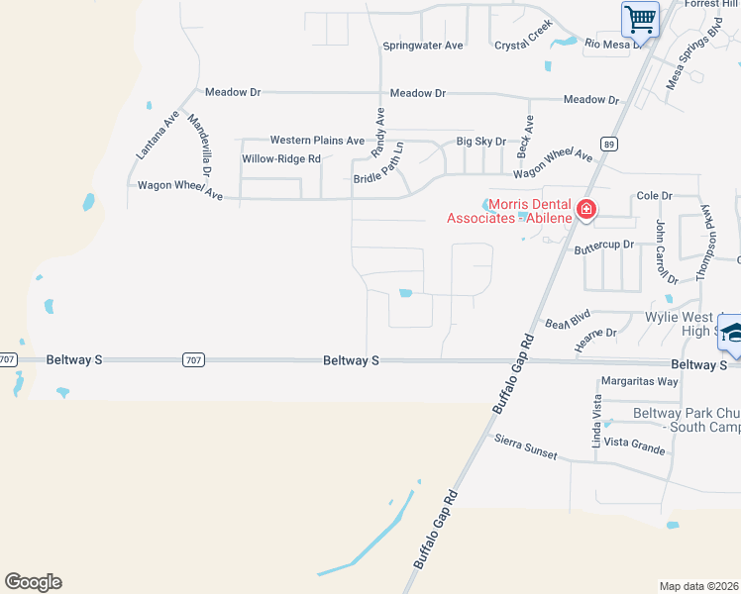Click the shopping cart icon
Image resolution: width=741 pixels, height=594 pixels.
coord(640,18)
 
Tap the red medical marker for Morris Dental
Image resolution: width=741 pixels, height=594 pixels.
coord(585,209)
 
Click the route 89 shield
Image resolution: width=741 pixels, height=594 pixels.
coord(609,144)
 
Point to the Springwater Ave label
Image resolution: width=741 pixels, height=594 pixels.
coord(423,46)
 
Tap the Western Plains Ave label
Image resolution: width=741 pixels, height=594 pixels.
coord(317,141)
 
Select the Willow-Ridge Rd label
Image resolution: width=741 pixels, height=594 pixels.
coord(281,158)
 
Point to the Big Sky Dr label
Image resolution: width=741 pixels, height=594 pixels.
coord(480,142)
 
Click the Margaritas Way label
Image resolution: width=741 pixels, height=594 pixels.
coord(639,381)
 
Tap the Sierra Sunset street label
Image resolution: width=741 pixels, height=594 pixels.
coord(525,445)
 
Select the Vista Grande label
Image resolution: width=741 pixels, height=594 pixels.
coord(634,447)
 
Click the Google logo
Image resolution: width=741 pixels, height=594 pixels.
coord(33,582)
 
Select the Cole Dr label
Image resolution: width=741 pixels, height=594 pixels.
coord(654,197)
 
